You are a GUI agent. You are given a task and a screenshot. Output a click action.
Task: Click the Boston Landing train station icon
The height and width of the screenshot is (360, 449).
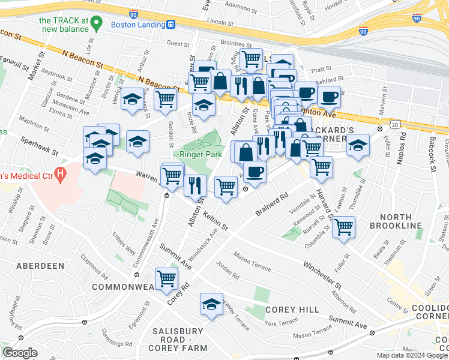coord(171,25)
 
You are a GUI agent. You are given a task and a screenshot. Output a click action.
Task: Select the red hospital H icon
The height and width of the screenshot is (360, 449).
coord(59,175)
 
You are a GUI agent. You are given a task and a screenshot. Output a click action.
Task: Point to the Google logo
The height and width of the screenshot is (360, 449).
coord(20,353)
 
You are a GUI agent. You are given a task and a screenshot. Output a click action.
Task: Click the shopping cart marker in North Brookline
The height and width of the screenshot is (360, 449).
coord(343,227)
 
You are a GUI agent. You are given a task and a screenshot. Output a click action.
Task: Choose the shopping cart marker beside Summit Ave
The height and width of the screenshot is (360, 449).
coord(166,278)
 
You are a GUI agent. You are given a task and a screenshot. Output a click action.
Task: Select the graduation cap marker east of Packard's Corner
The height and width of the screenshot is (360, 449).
coord(358,145)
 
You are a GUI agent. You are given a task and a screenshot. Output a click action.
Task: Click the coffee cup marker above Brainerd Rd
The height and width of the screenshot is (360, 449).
coord(255,172)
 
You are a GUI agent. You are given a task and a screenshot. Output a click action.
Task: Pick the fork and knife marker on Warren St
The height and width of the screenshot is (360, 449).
coord(196,185)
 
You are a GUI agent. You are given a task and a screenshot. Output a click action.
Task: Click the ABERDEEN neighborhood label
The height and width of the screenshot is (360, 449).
coord(40,265)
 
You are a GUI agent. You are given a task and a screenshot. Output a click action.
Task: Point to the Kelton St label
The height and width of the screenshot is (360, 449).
coord(215,221)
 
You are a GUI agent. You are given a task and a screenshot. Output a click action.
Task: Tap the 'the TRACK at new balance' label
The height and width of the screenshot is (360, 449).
coord(64,25)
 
